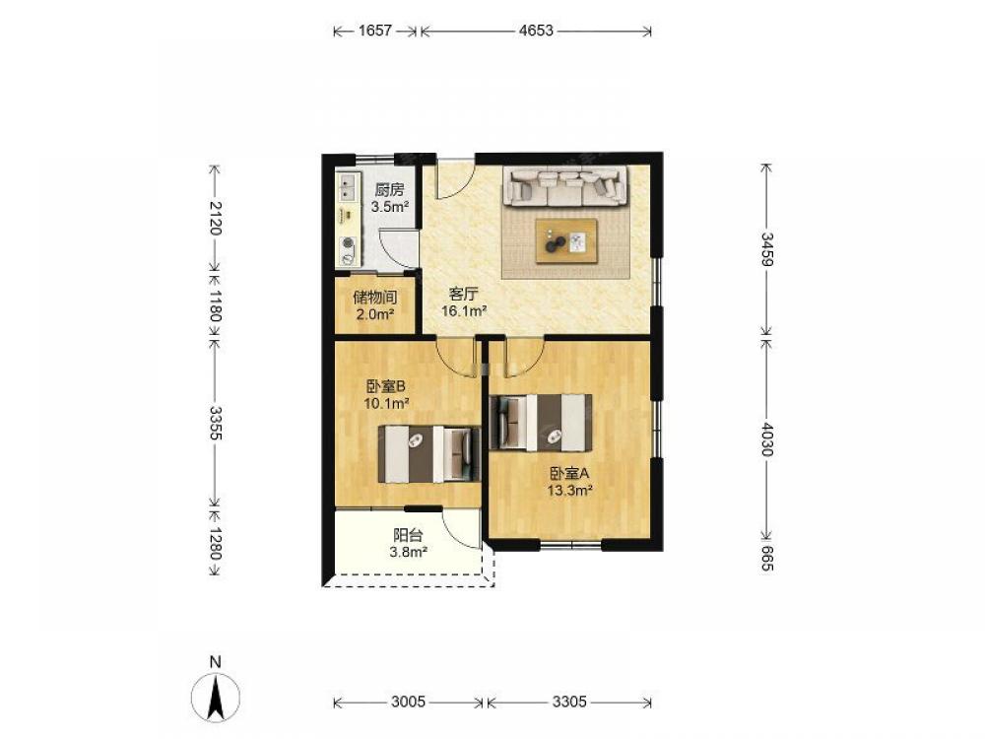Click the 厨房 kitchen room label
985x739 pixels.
pos(389,190)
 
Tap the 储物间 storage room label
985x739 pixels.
pos(375,298)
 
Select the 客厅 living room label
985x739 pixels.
pos(464,294)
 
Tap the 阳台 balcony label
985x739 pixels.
pos(408,535)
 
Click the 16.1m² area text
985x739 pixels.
pos(465,311)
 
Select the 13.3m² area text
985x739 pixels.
pos(570,491)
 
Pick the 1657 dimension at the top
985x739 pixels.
pos(375,31)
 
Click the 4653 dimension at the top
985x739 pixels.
pos(536,31)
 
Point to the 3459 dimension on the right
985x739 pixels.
pos(766,249)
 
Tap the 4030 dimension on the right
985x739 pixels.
pos(766,438)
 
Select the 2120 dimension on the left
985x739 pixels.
pos(216,218)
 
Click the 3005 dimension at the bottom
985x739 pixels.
pos(409,702)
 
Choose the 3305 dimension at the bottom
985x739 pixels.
pos(569,702)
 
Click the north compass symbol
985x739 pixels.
pos(216,697)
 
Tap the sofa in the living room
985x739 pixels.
pos(565,186)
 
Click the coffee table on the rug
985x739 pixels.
pos(566,241)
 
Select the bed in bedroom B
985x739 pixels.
pos(429,454)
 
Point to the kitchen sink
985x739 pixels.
pos(347,185)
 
